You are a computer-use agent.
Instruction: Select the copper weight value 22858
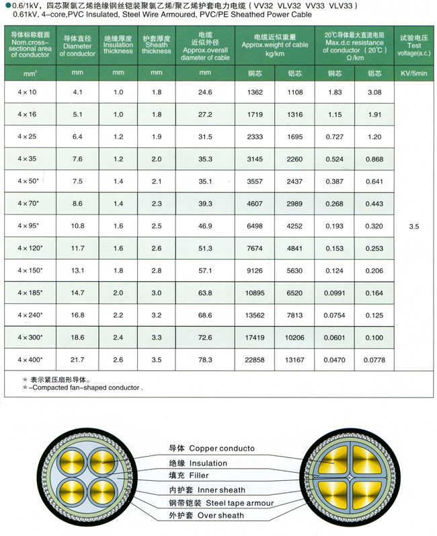click(x=255, y=360)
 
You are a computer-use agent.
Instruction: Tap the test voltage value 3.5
click(x=413, y=227)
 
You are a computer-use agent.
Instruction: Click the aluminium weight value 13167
click(x=295, y=360)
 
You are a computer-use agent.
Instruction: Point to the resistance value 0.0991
click(x=334, y=293)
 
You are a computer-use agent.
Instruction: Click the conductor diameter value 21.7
click(x=77, y=360)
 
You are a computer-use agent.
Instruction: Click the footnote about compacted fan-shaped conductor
click(x=83, y=387)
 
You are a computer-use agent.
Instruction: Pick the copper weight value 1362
click(x=255, y=91)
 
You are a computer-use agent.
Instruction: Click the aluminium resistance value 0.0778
click(x=375, y=360)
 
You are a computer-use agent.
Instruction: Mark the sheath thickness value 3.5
click(x=156, y=360)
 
